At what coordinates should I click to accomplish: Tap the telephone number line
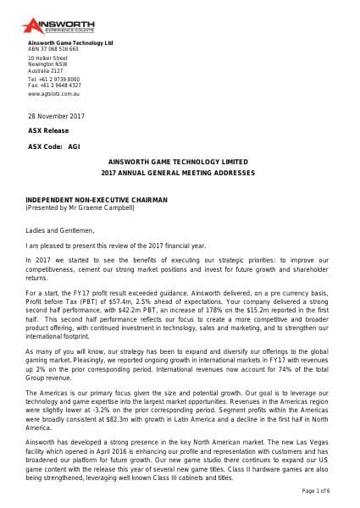point(54,78)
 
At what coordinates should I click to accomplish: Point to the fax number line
point(54,85)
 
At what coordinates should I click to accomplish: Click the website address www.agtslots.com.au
point(54,94)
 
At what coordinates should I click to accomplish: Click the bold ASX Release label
point(48,130)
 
